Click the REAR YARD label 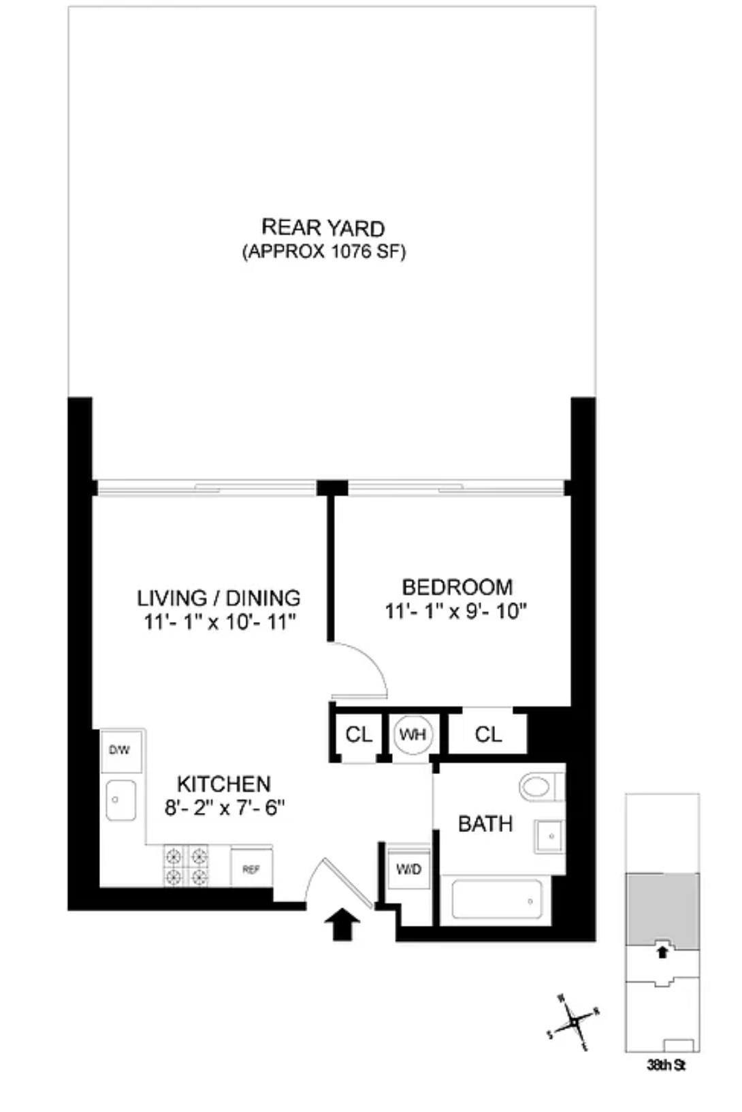coord(323,228)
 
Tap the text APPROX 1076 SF coord(323,252)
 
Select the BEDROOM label coord(457,587)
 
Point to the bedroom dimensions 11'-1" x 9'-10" coord(457,611)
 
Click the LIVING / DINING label coord(219,598)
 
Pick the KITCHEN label coord(223,784)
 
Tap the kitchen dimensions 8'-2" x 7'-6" coord(223,807)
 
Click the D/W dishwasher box coord(120,751)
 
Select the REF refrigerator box coord(251,869)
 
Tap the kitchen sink coord(120,800)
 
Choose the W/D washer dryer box coord(408,869)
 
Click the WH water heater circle coord(413,735)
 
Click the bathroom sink coord(549,835)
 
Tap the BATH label coord(485,824)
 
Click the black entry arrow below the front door coord(342,927)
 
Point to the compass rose coord(575,1021)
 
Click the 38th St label coord(665,1064)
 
